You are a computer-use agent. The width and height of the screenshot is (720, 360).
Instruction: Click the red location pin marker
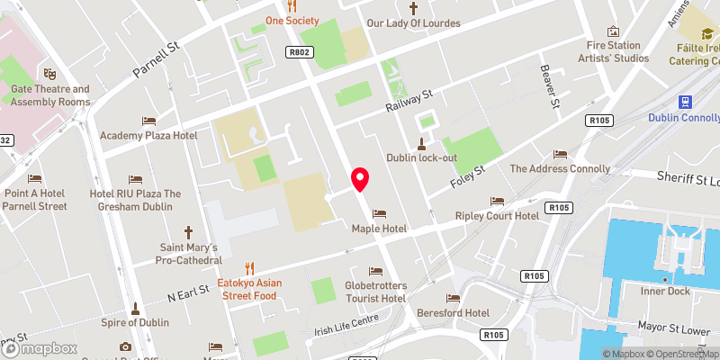coord(360,179)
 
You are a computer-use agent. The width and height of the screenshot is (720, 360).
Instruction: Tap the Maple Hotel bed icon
coord(379,214)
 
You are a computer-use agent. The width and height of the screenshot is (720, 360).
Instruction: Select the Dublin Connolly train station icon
coord(684,101)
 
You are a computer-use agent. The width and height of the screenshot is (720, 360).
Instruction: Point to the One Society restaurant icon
coord(291,5)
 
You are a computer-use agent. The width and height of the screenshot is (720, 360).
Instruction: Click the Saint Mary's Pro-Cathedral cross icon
coord(189,231)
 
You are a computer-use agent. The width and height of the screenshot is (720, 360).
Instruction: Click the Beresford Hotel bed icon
coord(453,298)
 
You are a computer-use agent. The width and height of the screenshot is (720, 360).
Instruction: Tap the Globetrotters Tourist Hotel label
coord(375,292)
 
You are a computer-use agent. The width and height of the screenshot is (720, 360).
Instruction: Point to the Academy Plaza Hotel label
coord(148,135)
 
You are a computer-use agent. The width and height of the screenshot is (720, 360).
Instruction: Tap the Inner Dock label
coord(666,290)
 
